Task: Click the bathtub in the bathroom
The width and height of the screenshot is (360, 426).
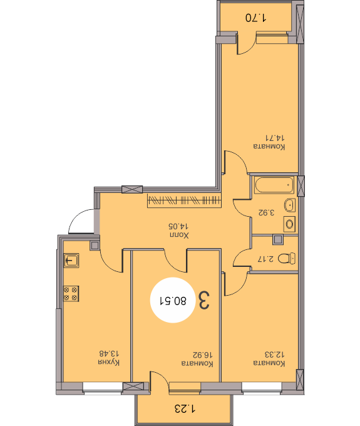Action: tap(274, 185)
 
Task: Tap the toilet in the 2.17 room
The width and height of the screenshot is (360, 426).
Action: tap(287, 258)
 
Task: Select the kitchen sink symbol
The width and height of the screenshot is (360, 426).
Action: tap(71, 261)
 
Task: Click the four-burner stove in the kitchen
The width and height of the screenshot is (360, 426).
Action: tap(71, 293)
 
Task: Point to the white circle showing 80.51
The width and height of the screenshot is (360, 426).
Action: tap(173, 300)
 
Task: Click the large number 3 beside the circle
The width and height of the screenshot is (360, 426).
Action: tap(204, 300)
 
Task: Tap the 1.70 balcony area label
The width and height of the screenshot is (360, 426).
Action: tap(255, 18)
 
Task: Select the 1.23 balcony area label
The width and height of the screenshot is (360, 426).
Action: tap(185, 408)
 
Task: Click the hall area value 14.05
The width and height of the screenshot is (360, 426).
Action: tap(178, 226)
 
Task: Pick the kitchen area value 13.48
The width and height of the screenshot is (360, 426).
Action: tap(109, 353)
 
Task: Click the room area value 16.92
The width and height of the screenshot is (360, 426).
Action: tap(202, 355)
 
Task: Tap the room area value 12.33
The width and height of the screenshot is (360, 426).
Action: tap(274, 355)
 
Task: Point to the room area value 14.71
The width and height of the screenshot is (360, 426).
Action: tap(275, 138)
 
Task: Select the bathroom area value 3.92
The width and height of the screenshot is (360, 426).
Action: tap(266, 212)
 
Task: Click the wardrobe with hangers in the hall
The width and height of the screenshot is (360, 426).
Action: tap(184, 200)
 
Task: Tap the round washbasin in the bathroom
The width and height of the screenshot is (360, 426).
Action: tap(290, 205)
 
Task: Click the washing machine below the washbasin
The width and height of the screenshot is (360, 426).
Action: tap(289, 224)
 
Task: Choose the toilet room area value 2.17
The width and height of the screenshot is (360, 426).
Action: tap(266, 259)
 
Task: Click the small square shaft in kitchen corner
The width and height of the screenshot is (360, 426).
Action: tap(95, 246)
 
